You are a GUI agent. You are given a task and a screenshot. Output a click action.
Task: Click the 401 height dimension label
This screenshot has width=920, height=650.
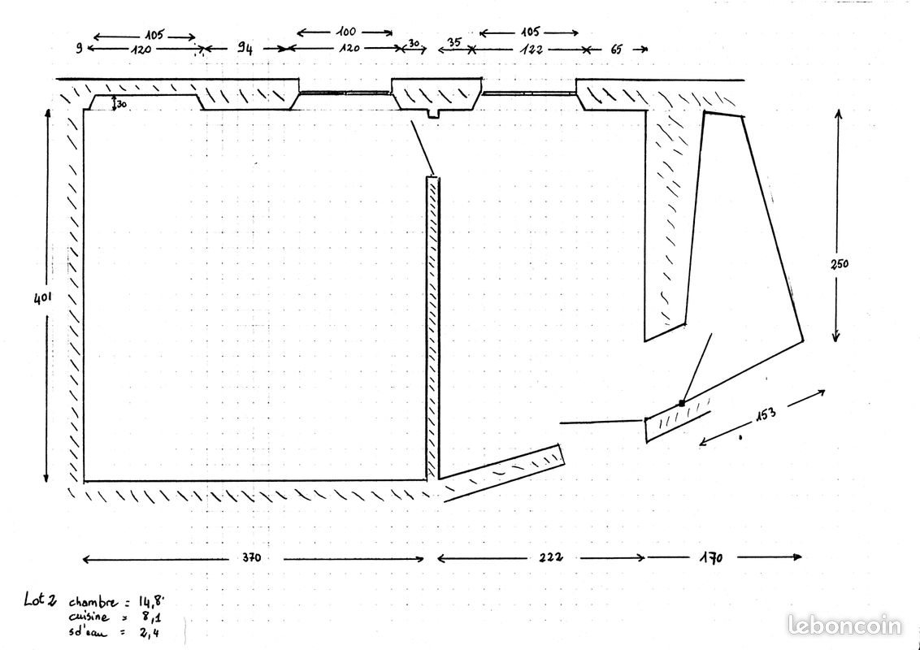(x=42, y=297)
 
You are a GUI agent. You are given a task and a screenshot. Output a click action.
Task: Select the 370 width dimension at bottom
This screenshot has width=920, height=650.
(x=252, y=557)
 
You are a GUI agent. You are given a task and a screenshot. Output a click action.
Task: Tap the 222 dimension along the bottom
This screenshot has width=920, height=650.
(x=551, y=557)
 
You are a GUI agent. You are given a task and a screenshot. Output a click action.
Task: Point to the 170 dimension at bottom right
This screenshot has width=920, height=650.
(x=712, y=557)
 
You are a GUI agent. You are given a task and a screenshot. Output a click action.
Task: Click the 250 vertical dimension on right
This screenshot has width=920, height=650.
(x=840, y=264)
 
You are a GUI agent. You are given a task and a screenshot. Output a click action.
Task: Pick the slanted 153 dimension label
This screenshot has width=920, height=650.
(x=766, y=414)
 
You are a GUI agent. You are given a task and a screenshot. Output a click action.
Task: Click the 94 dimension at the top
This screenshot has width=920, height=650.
(x=245, y=49)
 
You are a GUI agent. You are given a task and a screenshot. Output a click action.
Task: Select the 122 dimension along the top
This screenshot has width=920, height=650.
(x=532, y=50)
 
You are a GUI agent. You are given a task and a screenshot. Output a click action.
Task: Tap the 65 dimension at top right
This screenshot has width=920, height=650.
(x=617, y=50)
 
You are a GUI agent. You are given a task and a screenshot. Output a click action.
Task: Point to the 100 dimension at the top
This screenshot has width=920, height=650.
(x=346, y=32)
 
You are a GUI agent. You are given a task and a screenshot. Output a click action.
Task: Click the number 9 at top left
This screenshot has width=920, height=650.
(x=79, y=49)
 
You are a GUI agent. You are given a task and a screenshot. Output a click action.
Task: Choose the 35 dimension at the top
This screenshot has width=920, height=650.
(x=453, y=42)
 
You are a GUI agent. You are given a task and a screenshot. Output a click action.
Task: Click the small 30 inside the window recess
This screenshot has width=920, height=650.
(x=121, y=105)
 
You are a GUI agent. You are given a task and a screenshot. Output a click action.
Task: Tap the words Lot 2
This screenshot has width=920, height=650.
(x=41, y=599)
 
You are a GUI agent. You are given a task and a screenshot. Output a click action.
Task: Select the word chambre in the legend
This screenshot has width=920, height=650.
(x=93, y=602)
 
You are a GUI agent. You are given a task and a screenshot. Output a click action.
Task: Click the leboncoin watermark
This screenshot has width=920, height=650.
(x=844, y=625)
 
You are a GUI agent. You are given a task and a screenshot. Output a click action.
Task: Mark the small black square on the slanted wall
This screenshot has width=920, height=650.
(x=681, y=403)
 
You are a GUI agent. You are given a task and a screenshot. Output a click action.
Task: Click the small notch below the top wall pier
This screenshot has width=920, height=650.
(x=433, y=114)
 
